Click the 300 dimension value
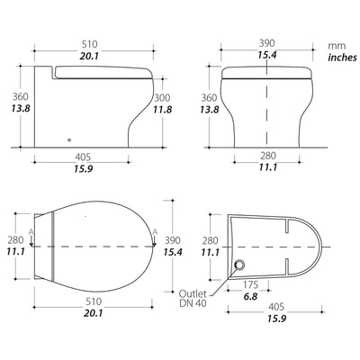click(x=162, y=98)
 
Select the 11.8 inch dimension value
click(x=163, y=110)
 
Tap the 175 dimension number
click(x=250, y=284)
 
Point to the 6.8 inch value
click(x=250, y=297)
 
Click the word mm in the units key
click(x=337, y=46)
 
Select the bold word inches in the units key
click(x=343, y=58)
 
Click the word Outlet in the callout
click(x=193, y=293)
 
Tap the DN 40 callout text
click(x=193, y=303)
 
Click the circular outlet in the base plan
click(x=239, y=265)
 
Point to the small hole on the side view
click(x=69, y=139)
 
